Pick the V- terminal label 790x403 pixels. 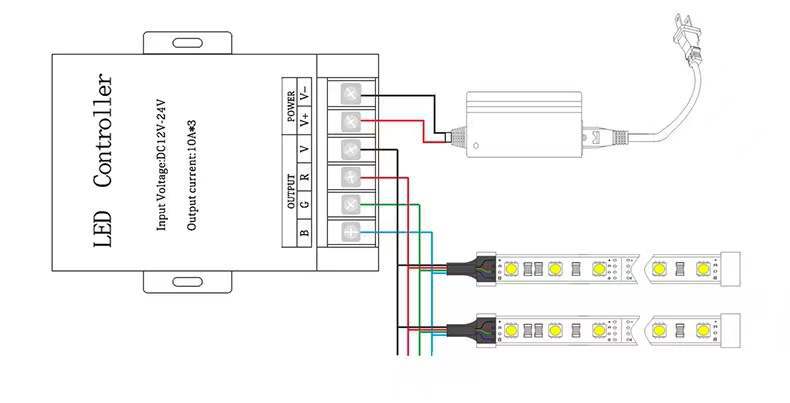tap(305, 90)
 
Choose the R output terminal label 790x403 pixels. tap(305, 179)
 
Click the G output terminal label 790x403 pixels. tap(305, 206)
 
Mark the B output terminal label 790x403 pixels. tap(305, 233)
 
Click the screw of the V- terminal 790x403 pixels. tap(351, 96)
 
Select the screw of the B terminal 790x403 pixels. tap(351, 232)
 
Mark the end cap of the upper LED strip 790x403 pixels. tap(728, 269)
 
